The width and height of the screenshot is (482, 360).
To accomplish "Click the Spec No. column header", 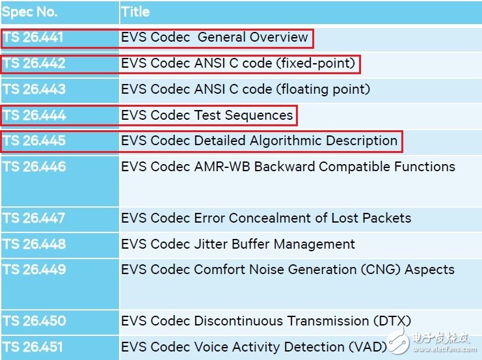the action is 29,12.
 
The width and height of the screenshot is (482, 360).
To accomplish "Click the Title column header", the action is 135,12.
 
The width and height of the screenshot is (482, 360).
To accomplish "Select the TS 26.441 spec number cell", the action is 33,37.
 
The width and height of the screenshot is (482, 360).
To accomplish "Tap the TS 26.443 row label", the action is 34,89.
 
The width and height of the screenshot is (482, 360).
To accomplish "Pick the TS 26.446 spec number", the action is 34,167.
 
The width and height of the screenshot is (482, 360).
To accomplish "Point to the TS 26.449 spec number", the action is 34,270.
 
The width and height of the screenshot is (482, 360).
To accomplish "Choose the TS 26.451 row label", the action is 33,347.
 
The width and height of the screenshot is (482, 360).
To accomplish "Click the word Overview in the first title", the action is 278,37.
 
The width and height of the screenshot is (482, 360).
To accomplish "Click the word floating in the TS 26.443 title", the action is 302,90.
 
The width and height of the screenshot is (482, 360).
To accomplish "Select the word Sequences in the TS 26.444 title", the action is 259,116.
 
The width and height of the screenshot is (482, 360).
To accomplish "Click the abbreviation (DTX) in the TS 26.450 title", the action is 392,321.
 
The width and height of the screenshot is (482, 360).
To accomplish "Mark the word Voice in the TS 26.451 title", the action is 211,347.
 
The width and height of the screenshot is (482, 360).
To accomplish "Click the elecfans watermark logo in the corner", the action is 431,341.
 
